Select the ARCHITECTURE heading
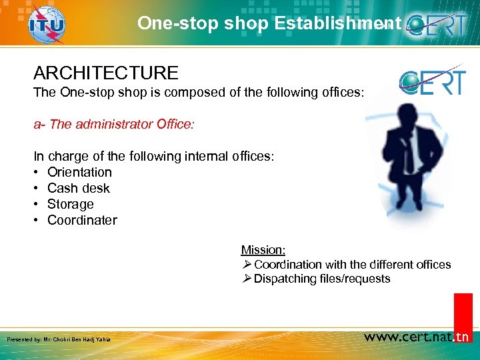pyautogui.click(x=106, y=73)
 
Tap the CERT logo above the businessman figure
pyautogui.click(x=431, y=81)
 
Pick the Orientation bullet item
pyautogui.click(x=79, y=172)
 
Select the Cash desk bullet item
pyautogui.click(x=78, y=188)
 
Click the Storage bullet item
pyautogui.click(x=70, y=204)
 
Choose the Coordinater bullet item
pyautogui.click(x=82, y=220)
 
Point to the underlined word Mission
pyautogui.click(x=263, y=250)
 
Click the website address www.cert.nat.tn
pyautogui.click(x=417, y=337)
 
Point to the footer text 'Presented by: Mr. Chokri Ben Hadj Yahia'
pyautogui.click(x=58, y=340)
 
